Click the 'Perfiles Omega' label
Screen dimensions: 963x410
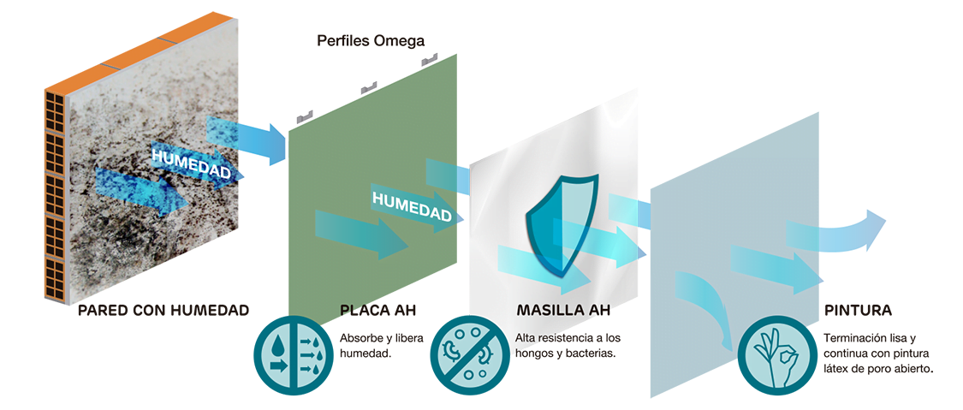tap(371, 41)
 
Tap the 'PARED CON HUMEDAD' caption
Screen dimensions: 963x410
tap(164, 311)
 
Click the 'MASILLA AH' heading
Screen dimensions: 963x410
tap(563, 311)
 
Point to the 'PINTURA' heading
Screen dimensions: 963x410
tap(858, 311)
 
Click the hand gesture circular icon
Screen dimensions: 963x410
tap(776, 354)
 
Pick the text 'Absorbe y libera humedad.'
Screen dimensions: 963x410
tap(382, 346)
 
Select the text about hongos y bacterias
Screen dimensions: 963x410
tap(568, 346)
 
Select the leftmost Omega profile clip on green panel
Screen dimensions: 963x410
tap(305, 116)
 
